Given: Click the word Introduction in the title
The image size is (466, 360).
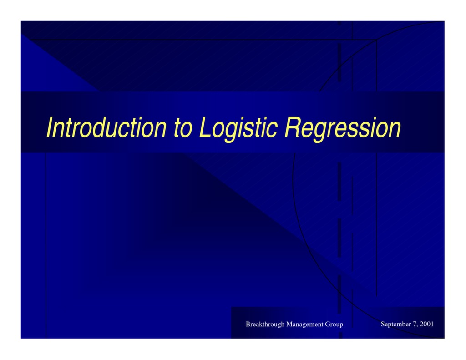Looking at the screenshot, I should [106, 127].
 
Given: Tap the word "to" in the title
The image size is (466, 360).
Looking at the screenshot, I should [184, 128].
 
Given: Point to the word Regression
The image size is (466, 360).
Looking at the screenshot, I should [343, 128].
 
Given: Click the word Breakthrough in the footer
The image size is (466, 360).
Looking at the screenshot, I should [265, 324].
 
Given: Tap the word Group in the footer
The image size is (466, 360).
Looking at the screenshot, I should [334, 324].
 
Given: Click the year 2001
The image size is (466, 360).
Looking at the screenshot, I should [427, 324].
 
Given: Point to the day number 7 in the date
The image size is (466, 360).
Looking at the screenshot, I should [415, 324].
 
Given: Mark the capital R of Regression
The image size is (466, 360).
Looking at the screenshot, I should [292, 127].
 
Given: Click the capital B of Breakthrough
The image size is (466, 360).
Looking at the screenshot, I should [248, 324].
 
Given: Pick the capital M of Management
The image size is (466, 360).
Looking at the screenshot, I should [289, 324].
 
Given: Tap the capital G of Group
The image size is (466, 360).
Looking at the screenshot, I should [327, 324].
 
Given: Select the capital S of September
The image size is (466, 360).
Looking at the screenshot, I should [383, 324].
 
